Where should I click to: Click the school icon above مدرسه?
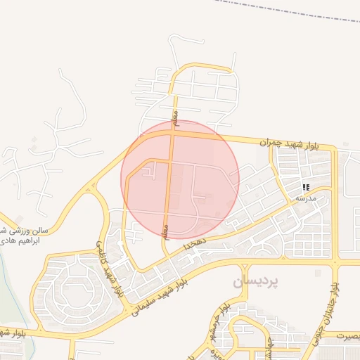click(306, 187)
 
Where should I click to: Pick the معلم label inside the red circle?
click(167, 232)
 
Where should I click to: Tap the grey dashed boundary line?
click(281, 10)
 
